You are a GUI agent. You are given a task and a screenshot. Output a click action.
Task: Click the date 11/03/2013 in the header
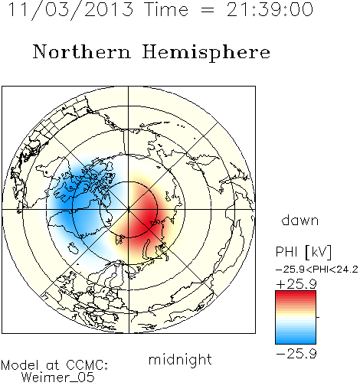click(70, 9)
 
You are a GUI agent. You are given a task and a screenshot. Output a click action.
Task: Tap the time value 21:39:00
click(270, 9)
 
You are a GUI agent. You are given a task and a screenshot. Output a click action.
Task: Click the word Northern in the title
click(82, 51)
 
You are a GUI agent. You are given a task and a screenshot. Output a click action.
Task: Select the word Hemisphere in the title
click(206, 53)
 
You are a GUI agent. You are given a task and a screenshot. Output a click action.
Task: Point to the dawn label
click(300, 221)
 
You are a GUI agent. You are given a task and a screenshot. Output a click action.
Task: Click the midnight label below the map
click(180, 360)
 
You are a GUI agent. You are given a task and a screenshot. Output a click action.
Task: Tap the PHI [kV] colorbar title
click(303, 252)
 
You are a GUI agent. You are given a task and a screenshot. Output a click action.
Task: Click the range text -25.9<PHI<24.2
click(317, 270)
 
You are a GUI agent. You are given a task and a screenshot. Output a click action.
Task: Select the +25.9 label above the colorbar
click(296, 284)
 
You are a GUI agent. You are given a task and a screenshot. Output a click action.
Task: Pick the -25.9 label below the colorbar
click(296, 354)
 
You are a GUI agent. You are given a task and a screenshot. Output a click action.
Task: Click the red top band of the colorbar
click(296, 295)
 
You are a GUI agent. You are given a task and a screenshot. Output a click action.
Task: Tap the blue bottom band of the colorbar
click(296, 339)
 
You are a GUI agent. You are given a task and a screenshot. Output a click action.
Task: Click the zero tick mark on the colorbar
click(318, 317)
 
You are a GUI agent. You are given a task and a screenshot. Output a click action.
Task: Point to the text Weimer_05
click(57, 378)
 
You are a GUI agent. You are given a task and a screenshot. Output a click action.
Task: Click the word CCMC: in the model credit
click(87, 365)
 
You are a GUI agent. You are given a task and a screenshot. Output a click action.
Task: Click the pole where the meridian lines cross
click(129, 210)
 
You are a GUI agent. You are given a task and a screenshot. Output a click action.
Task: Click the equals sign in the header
click(207, 10)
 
